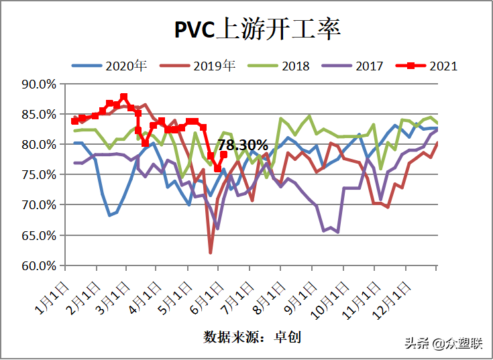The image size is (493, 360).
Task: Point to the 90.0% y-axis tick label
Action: pos(39,84)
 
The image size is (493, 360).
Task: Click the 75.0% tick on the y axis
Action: pos(39,175)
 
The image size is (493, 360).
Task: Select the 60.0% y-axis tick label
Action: pos(39,265)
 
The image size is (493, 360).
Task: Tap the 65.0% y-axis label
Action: pos(39,235)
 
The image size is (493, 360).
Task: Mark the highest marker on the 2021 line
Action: pos(124,97)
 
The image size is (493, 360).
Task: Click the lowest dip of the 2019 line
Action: pos(211,252)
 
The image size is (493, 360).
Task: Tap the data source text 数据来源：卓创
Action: pos(252,337)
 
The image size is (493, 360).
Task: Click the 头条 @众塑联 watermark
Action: pos(443,343)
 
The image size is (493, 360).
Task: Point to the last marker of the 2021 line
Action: pos(224,155)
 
